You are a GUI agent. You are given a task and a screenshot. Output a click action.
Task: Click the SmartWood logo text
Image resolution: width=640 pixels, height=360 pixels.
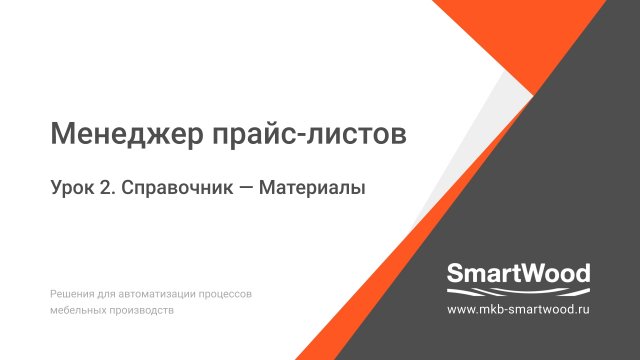(518, 273)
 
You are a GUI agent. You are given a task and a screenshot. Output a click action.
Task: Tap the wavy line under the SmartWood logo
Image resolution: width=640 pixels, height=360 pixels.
(518, 291)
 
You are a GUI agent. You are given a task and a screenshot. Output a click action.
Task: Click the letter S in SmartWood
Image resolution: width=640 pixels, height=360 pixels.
(454, 273)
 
